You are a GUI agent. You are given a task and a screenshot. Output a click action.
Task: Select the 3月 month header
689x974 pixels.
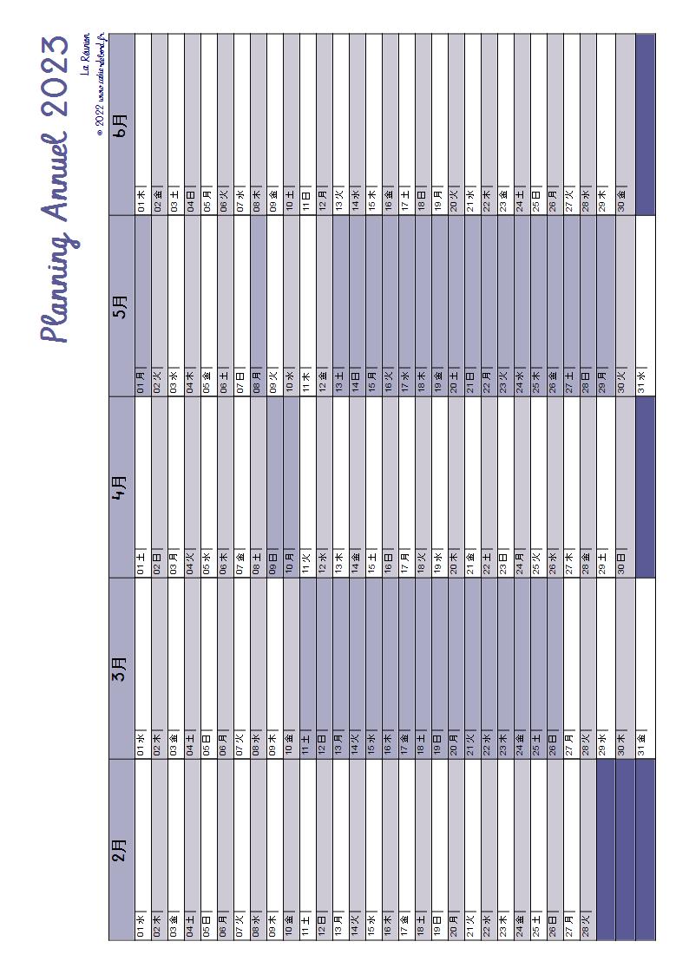[x=121, y=669]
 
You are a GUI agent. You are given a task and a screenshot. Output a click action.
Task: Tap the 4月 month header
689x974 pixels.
[x=121, y=487]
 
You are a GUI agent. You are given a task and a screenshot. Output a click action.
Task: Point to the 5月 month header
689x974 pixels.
[x=121, y=306]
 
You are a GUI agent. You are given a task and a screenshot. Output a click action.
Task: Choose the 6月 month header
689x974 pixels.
[x=121, y=123]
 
